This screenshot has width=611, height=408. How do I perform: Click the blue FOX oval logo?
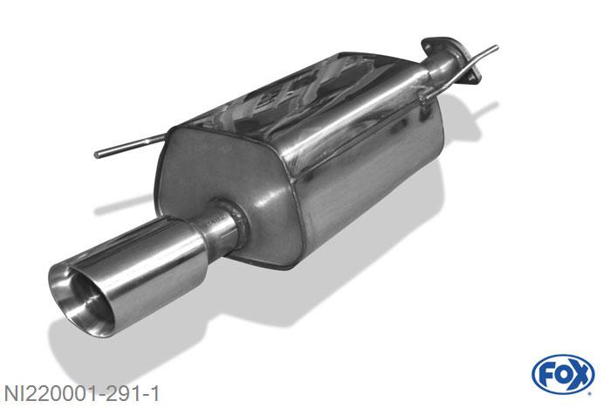point(562,374)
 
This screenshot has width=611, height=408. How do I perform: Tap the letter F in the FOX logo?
point(546,374)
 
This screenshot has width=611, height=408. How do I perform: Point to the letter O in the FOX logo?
point(562,374)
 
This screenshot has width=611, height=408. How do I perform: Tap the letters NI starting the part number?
point(12,392)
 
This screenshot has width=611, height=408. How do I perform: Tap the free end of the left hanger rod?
point(98,155)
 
